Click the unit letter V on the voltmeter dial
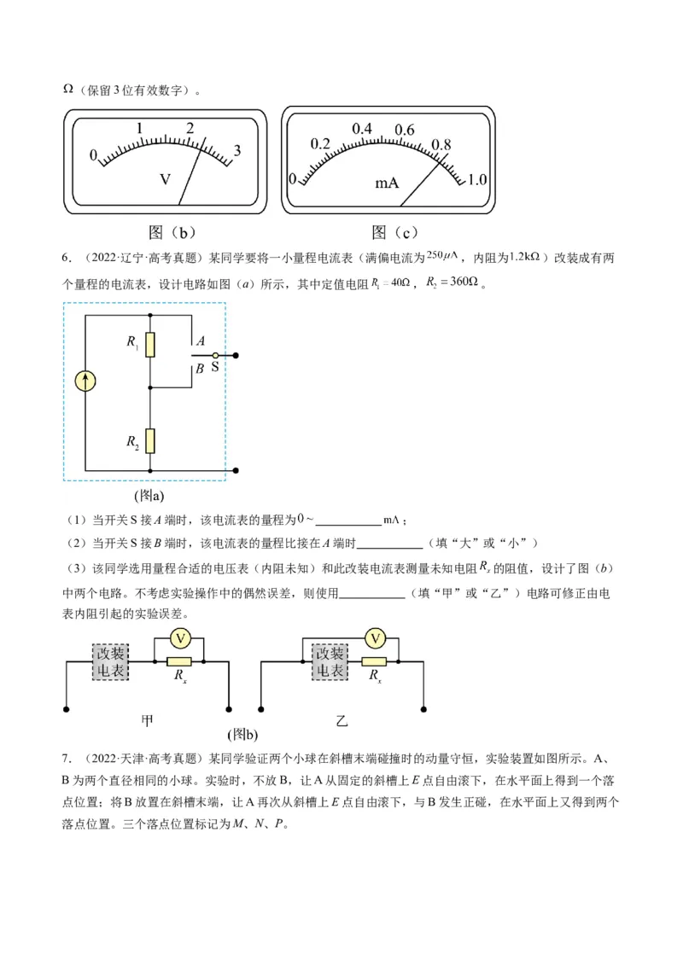tap(166, 179)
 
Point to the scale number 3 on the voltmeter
tap(237, 150)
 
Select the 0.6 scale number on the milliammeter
tap(404, 130)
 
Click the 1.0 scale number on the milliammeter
tap(477, 179)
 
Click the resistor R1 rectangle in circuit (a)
tap(149, 344)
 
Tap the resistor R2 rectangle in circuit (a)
tap(149, 440)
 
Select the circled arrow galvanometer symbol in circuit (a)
tap(85, 381)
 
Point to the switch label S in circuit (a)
tap(214, 369)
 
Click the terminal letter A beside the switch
tap(200, 340)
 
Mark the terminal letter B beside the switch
tap(199, 369)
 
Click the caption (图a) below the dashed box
tap(149, 495)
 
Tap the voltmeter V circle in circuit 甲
tap(179, 638)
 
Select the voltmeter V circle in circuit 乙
tap(374, 638)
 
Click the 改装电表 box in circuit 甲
tap(110, 662)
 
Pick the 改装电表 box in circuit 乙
tap(330, 662)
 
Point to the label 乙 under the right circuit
tap(342, 721)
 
